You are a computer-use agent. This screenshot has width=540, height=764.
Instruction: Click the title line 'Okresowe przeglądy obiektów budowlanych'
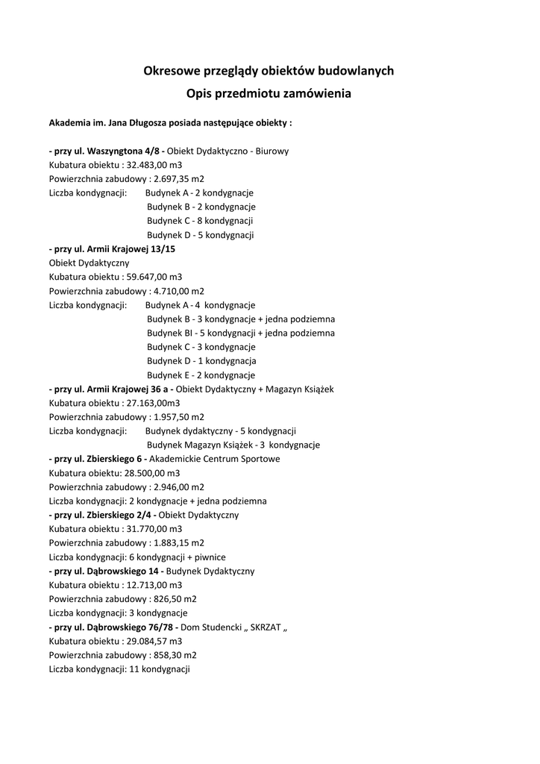coord(269,71)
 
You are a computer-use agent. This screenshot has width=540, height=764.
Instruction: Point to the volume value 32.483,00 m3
coord(152,164)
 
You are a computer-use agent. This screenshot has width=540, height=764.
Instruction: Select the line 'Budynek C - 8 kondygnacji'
coord(200,221)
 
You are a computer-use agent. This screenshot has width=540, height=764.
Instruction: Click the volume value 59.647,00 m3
coord(152,277)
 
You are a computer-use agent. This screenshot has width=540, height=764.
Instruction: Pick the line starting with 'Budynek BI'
coord(240,333)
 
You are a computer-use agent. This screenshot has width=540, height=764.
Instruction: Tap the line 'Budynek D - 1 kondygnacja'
coord(201,361)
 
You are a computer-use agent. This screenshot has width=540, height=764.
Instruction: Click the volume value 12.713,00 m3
coord(152,585)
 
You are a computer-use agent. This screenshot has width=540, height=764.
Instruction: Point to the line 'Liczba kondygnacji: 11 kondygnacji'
coord(119,669)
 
